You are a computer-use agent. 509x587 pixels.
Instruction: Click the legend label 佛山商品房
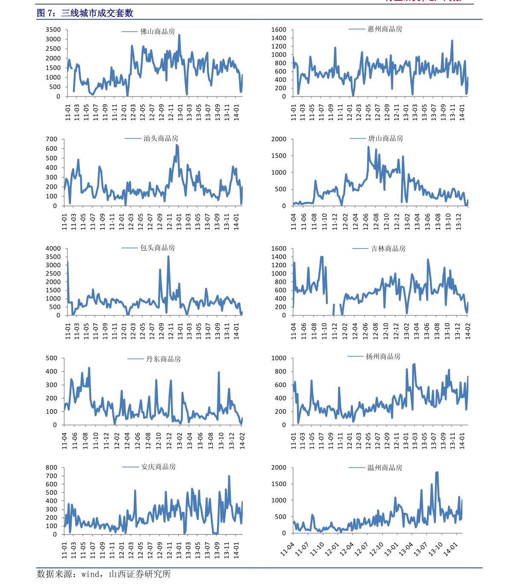click(157, 32)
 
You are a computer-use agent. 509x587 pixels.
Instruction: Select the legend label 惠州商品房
click(385, 29)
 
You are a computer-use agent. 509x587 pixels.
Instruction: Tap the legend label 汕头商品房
click(161, 138)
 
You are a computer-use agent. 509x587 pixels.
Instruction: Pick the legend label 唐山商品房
click(385, 138)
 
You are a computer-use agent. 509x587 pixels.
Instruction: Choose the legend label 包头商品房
click(157, 248)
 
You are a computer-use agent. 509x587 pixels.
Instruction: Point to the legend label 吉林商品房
click(388, 248)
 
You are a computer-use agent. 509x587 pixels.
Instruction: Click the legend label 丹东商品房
click(163, 359)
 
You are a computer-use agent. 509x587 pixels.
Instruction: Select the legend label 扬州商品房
click(383, 356)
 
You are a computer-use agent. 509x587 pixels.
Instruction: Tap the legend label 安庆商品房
click(158, 467)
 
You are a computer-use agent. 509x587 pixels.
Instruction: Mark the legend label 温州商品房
click(385, 467)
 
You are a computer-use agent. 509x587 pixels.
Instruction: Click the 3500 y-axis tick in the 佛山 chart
click(53, 30)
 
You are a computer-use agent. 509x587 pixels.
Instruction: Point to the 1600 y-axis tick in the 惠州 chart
click(279, 29)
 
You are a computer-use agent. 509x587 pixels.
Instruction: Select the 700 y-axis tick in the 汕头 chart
click(51, 139)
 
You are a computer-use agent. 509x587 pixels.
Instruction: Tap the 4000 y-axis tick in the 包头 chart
click(53, 248)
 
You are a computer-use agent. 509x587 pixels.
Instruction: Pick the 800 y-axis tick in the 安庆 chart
click(51, 467)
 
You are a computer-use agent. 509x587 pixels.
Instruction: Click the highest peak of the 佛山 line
click(179, 35)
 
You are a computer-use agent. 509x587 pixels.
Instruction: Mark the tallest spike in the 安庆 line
click(229, 476)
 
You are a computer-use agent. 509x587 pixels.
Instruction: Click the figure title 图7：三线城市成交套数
click(85, 13)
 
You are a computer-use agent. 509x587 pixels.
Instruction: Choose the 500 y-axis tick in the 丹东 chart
click(51, 358)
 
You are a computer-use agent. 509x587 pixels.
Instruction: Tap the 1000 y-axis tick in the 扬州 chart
click(279, 358)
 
